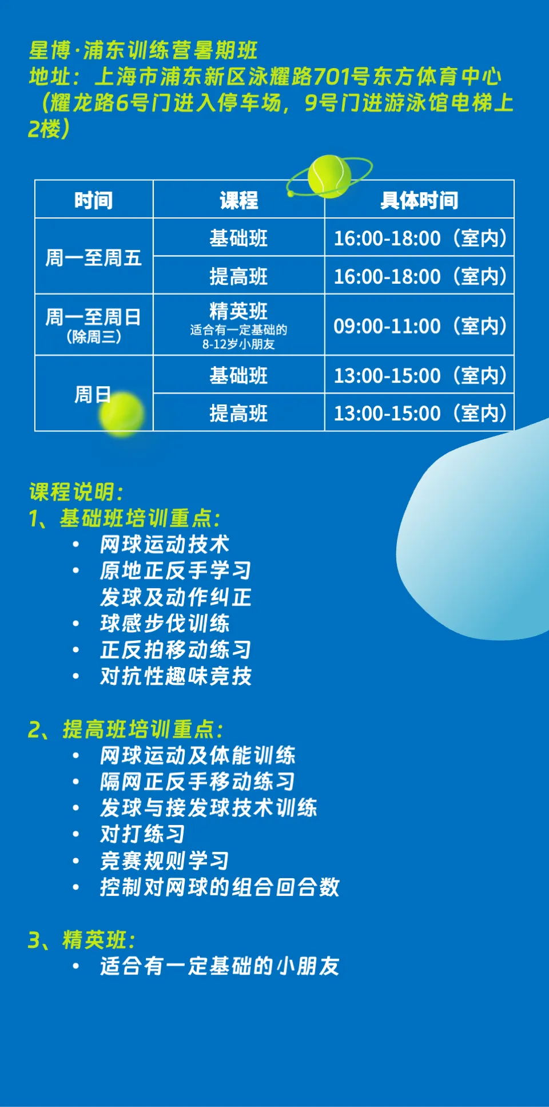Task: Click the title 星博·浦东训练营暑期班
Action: click(143, 50)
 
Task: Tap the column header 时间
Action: click(94, 200)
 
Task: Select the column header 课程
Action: click(239, 200)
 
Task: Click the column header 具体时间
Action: click(419, 200)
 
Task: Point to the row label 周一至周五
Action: click(94, 257)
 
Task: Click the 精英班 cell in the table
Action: click(238, 311)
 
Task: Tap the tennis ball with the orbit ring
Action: click(329, 176)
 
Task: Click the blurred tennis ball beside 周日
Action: click(121, 414)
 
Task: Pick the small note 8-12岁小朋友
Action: click(238, 344)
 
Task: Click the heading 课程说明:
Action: click(76, 492)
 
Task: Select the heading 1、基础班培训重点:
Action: click(125, 518)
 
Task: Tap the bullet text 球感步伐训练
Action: click(165, 624)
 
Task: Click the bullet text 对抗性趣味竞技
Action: click(176, 676)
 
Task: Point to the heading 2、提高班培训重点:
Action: click(126, 729)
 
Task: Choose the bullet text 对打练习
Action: click(142, 834)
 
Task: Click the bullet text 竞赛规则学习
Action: click(165, 860)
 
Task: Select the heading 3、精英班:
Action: click(82, 940)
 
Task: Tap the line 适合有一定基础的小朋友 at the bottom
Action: click(220, 966)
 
